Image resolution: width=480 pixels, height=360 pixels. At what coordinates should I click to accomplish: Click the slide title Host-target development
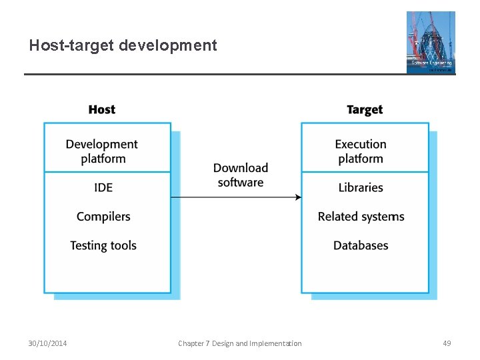pyautogui.click(x=123, y=45)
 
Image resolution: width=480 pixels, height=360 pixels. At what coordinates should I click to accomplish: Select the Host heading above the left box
pyautogui.click(x=101, y=109)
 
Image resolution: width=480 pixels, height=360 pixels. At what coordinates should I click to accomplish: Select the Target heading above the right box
pyautogui.click(x=364, y=109)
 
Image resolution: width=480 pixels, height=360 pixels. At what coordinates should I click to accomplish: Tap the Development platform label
pyautogui.click(x=102, y=151)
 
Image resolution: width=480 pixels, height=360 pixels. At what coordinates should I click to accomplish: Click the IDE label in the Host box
pyautogui.click(x=103, y=187)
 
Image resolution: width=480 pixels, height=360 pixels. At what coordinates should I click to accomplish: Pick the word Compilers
pyautogui.click(x=103, y=216)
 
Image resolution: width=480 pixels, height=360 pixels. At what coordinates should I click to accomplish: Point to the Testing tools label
pyautogui.click(x=103, y=245)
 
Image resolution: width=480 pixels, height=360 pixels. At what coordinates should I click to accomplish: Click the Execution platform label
pyautogui.click(x=360, y=151)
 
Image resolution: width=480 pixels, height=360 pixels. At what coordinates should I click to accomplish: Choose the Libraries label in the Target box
pyautogui.click(x=360, y=187)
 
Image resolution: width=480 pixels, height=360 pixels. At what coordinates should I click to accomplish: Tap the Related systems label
pyautogui.click(x=361, y=216)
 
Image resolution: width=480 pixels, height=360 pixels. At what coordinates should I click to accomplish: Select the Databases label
pyautogui.click(x=360, y=245)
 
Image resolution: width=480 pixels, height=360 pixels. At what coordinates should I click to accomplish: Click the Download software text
pyautogui.click(x=240, y=175)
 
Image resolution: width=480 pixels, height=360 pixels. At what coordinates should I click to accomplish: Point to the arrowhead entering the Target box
pyautogui.click(x=298, y=197)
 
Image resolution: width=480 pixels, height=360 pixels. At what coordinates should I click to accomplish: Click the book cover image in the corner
pyautogui.click(x=431, y=42)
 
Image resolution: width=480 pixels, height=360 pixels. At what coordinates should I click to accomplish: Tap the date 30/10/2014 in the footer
pyautogui.click(x=47, y=343)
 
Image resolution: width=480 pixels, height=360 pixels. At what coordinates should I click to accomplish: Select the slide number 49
pyautogui.click(x=447, y=343)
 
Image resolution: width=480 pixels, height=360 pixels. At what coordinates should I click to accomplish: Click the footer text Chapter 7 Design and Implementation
pyautogui.click(x=239, y=343)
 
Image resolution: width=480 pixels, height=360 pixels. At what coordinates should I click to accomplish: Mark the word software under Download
pyautogui.click(x=240, y=183)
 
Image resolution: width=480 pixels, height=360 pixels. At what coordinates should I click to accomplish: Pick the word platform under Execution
pyautogui.click(x=360, y=159)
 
